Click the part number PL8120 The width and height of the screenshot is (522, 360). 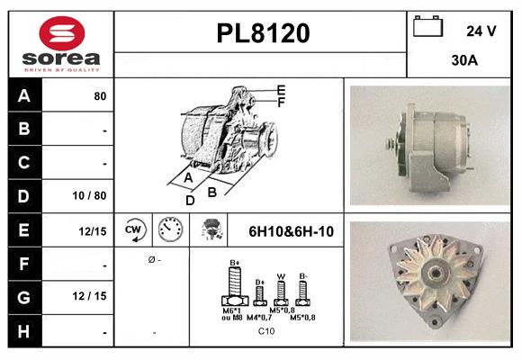tap(263, 33)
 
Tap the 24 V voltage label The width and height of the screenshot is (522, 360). tap(481, 31)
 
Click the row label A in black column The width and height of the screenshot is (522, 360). tap(23, 95)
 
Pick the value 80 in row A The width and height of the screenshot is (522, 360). tap(100, 95)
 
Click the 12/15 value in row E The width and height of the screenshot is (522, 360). tap(94, 231)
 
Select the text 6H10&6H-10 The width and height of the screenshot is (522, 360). tap(291, 231)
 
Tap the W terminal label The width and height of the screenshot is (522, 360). tap(282, 276)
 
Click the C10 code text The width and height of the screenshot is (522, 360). tap(266, 331)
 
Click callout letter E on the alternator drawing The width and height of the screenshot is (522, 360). tap(281, 90)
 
